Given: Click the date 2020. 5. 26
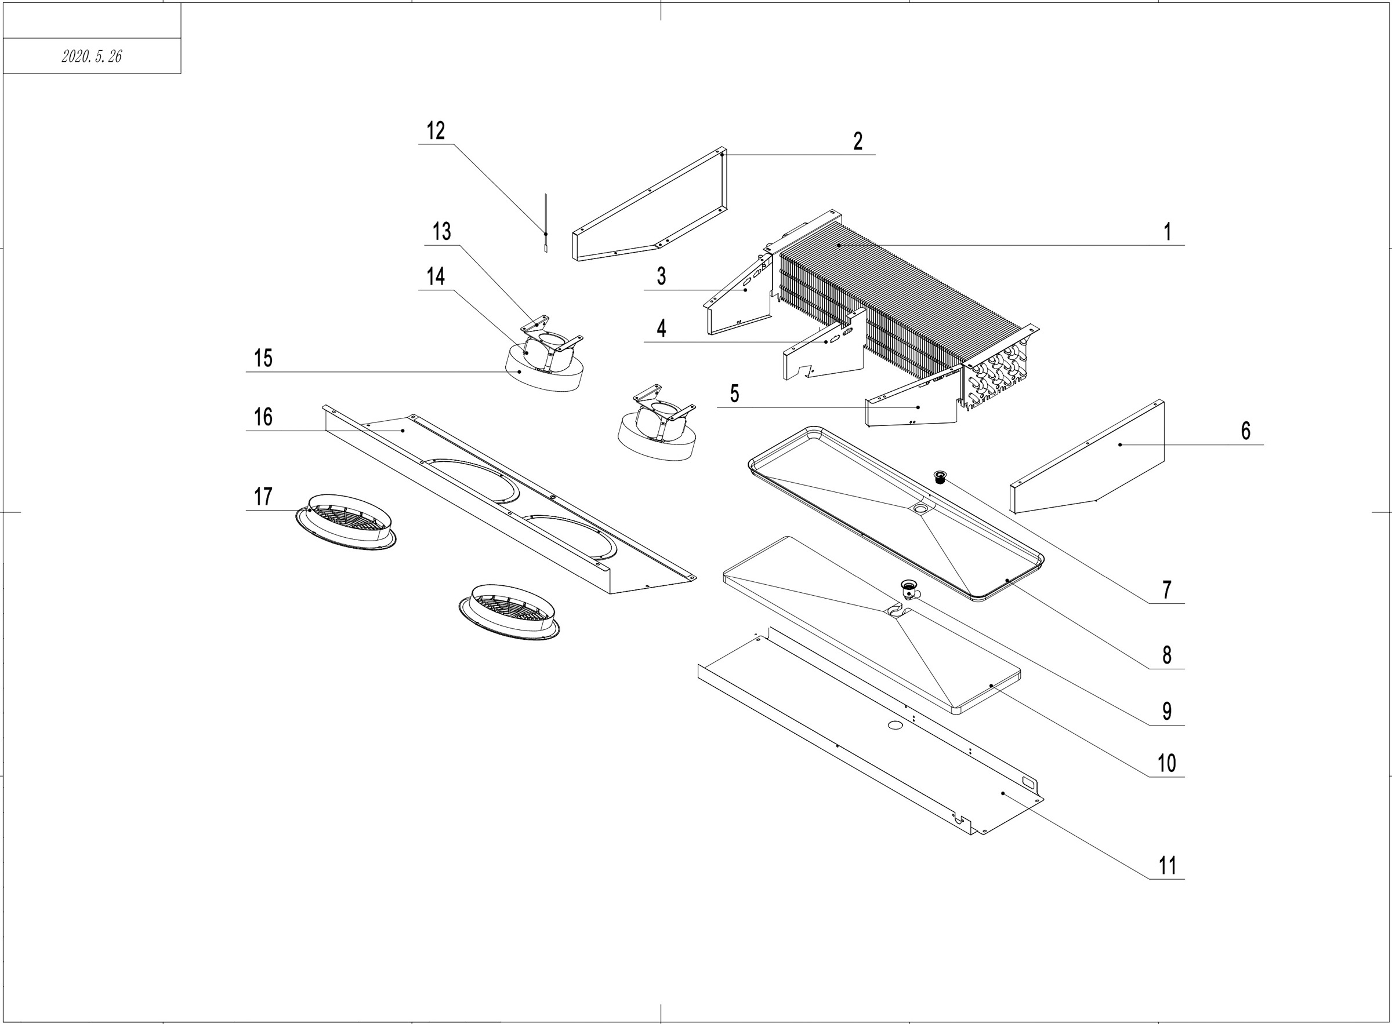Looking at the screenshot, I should (92, 56).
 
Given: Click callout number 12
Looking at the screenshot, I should (436, 132).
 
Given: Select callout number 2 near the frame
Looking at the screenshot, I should (857, 141).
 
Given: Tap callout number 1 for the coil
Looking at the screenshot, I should (1167, 232).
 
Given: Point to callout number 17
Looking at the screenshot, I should (263, 497).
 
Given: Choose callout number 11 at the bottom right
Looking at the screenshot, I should (1167, 866).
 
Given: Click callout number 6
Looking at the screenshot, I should (1246, 431).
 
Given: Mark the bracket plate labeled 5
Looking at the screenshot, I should (912, 406).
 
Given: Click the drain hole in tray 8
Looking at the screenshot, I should (919, 508).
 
